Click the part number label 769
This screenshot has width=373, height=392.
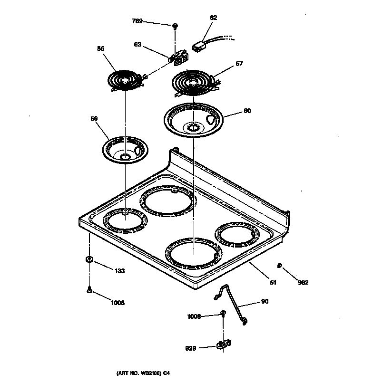coord(137,21)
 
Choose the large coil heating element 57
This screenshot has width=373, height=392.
coord(194,83)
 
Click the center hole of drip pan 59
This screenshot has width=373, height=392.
coord(126,156)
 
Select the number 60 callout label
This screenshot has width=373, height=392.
coord(247,111)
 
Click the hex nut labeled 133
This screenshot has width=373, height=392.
coord(89,259)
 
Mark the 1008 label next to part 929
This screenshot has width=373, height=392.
coord(194,316)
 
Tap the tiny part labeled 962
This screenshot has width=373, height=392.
coord(280,265)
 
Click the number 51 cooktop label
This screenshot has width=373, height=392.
coord(273,283)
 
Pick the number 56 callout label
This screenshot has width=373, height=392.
coord(100,48)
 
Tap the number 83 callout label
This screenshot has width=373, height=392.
coord(137,44)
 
